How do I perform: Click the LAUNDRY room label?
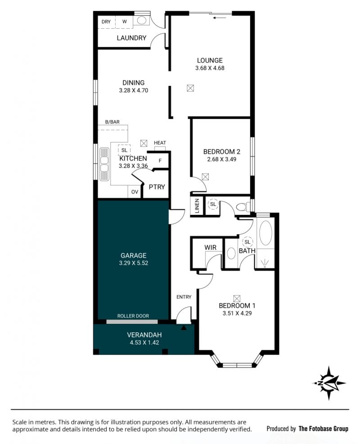pos(131,38)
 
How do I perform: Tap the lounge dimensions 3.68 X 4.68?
pos(210,68)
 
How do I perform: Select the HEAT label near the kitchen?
pos(160,143)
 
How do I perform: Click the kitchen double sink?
pos(104,164)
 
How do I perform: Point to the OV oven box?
pos(135,192)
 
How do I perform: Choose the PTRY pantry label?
pos(157,187)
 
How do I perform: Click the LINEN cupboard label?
pos(197,206)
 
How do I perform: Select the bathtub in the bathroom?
pos(265,233)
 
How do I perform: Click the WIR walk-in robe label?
pos(210,248)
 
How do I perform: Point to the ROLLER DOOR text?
pos(133,316)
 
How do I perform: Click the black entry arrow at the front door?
pos(184,328)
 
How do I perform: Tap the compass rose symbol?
pos(329,383)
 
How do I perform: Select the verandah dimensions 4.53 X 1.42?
pos(144,342)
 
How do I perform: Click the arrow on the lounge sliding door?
pos(220,18)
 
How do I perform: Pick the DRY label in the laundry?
pos(106,22)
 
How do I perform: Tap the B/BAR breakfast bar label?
pos(112,122)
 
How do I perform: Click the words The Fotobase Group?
pos(324,428)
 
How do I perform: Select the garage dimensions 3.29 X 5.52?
pos(134,263)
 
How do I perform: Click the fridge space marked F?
pos(160,161)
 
